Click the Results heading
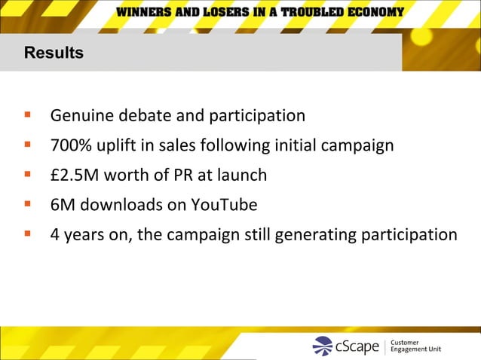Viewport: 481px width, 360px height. click(54, 53)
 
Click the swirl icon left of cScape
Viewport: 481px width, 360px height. click(323, 346)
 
